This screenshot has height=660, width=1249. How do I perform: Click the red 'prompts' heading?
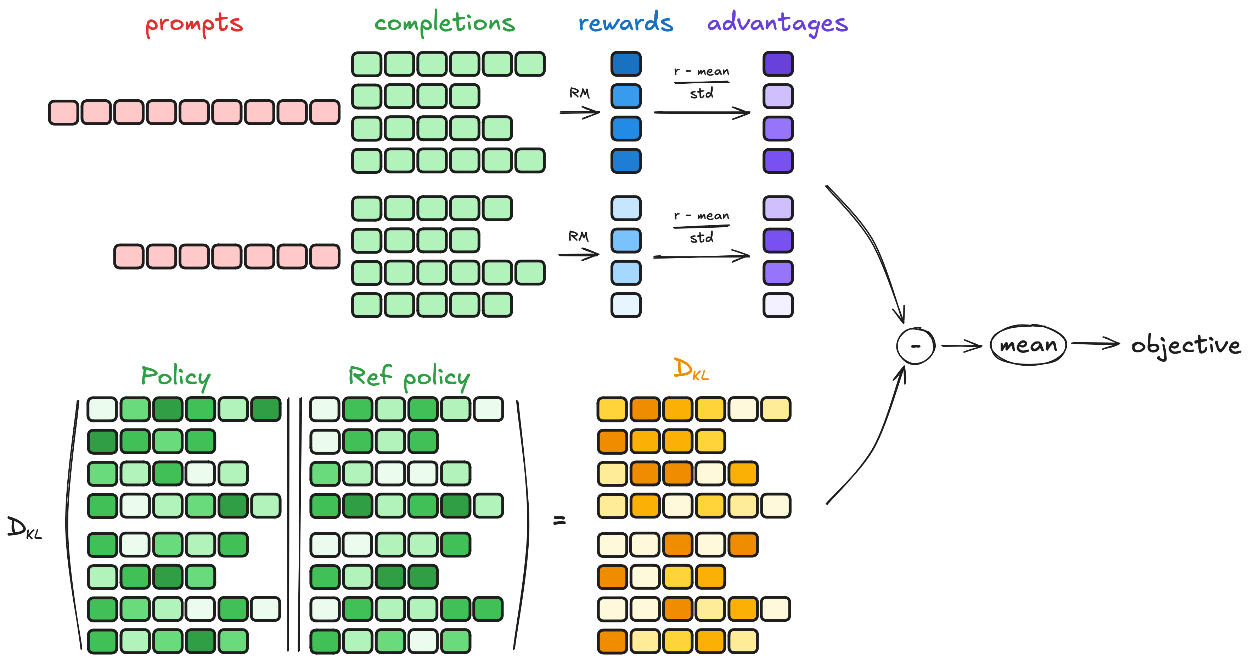coord(194,24)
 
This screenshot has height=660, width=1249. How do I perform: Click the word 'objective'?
coord(1186,345)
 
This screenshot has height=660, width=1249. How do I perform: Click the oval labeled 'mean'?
coord(1028,345)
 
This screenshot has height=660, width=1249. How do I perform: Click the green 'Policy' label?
coord(175,377)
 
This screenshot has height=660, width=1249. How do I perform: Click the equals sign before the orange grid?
coord(559,520)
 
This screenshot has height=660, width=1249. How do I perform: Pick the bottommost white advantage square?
coord(778,305)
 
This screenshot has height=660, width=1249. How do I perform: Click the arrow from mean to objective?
coord(1095,344)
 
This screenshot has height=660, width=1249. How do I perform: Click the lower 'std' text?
coord(701,238)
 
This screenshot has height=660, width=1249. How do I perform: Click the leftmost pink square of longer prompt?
coord(63,112)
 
